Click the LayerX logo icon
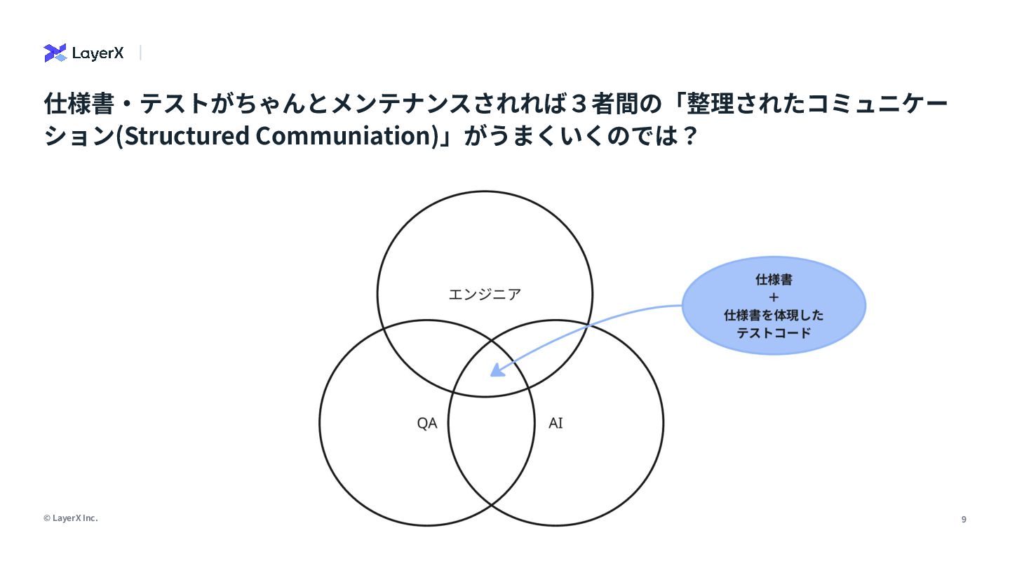(x=55, y=53)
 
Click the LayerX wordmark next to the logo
(x=97, y=53)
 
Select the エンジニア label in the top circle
(x=485, y=295)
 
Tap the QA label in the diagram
(x=427, y=424)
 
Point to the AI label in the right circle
(x=555, y=424)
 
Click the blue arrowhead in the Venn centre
(x=497, y=370)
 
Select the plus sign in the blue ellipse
(x=774, y=297)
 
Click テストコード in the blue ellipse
(x=774, y=333)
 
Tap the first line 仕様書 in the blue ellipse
(x=774, y=280)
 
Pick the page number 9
(x=964, y=520)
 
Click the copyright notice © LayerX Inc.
(x=70, y=518)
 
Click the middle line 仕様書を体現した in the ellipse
(x=774, y=316)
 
